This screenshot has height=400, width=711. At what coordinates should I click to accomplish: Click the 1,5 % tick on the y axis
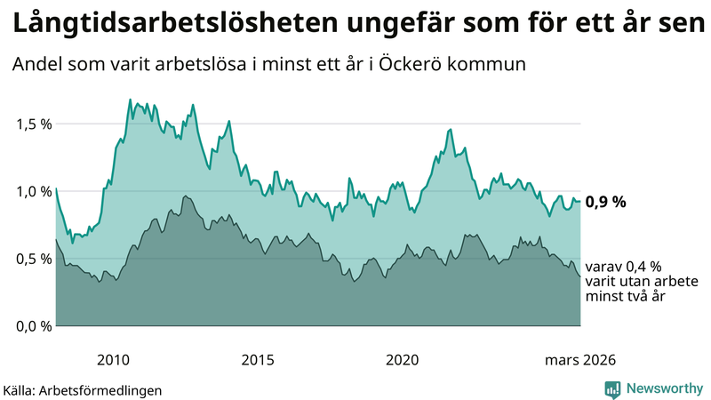coord(33,124)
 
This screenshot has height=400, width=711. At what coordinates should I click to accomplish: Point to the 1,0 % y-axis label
coord(33,191)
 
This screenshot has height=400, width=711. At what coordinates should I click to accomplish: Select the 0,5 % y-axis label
coord(33,259)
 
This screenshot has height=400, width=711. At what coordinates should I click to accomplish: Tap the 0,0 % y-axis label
coord(33,326)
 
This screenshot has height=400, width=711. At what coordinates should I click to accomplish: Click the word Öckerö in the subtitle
coord(422,65)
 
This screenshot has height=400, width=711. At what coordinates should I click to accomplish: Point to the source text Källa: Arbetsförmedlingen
coord(83,389)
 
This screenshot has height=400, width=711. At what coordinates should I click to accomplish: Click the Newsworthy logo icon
coord(612,388)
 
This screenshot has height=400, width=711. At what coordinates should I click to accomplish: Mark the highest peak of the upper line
coord(130,100)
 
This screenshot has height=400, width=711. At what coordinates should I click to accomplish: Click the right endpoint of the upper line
coord(580,201)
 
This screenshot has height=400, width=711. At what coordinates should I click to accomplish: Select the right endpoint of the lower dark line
coord(580,276)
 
